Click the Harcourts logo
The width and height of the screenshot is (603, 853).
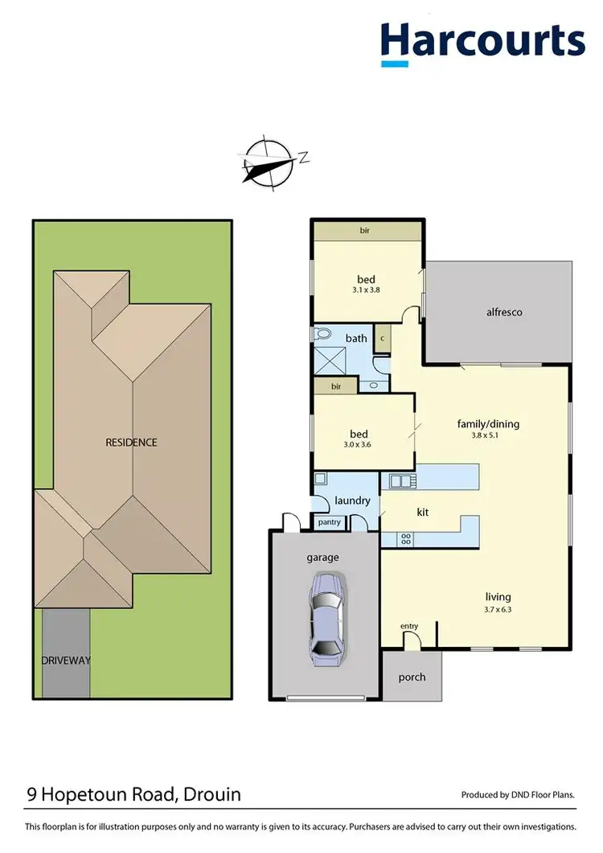coord(482,41)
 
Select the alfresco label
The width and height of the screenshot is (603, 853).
coord(504,312)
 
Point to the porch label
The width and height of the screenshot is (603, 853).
coord(412,677)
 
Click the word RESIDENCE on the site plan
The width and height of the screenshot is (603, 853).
coord(131,442)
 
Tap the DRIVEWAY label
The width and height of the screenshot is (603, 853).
coord(66,661)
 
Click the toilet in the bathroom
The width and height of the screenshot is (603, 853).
coord(324,333)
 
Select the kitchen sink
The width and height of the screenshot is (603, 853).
coord(400,481)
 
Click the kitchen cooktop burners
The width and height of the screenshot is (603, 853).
coord(406,539)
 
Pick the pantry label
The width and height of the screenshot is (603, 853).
coord(330,522)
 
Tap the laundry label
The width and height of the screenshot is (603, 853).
coord(352,501)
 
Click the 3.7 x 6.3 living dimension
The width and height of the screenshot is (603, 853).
coord(498,609)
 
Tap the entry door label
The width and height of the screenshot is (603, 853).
coord(409,626)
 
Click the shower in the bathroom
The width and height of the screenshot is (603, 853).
coord(330,362)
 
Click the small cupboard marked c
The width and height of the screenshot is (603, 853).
coord(383,338)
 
